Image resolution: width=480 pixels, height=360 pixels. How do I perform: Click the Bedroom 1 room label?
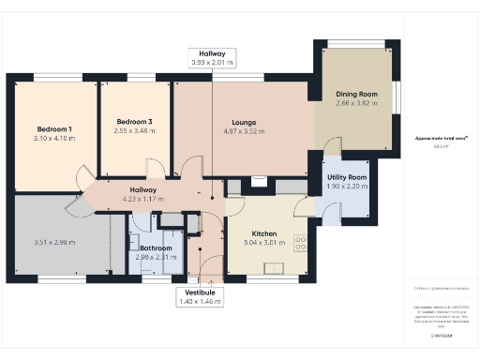tap(55, 128)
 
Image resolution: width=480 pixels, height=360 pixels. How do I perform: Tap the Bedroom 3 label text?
tap(134, 121)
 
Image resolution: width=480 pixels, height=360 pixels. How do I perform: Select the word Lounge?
tap(244, 121)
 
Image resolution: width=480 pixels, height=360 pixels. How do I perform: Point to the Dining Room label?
tap(355, 94)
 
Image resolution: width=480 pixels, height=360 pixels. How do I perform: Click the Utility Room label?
tap(346, 176)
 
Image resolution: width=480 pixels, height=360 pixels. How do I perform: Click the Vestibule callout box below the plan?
tap(198, 296)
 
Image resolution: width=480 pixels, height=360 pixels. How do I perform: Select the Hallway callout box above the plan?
tap(212, 58)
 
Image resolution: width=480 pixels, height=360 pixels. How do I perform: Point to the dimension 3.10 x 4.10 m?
tap(55, 138)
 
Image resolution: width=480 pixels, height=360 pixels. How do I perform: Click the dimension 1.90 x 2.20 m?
tap(346, 186)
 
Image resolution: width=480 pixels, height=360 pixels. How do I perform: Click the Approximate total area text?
tap(441, 139)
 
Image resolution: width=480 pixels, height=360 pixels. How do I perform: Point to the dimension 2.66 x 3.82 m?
tap(355, 103)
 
